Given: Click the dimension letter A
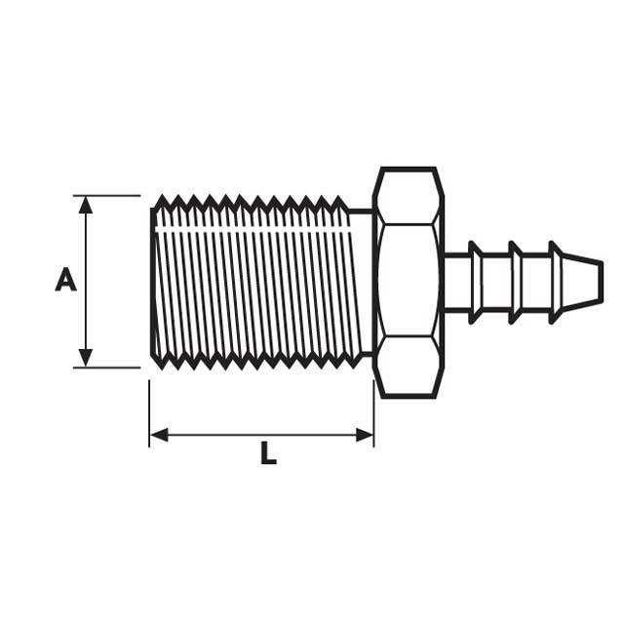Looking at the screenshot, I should point(65,281).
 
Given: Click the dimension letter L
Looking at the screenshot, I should point(268,454).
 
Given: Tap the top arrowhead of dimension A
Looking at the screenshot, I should point(86,204).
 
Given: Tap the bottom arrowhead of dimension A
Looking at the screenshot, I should point(86,358).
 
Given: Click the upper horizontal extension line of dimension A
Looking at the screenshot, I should point(107,196).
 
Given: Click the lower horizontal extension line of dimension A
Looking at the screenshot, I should point(107,368).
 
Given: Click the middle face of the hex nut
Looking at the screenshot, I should point(409,281).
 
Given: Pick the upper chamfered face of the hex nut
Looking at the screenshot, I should point(409,198).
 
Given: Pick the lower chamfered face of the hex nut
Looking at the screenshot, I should point(409,366).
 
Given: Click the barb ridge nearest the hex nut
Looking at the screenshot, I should point(475,282).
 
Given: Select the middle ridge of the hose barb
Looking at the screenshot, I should point(516,282).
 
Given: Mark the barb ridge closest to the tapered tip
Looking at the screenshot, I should point(556,282).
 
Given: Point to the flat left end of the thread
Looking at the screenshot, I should point(152,283).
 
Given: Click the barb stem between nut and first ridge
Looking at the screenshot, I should point(456,283).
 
